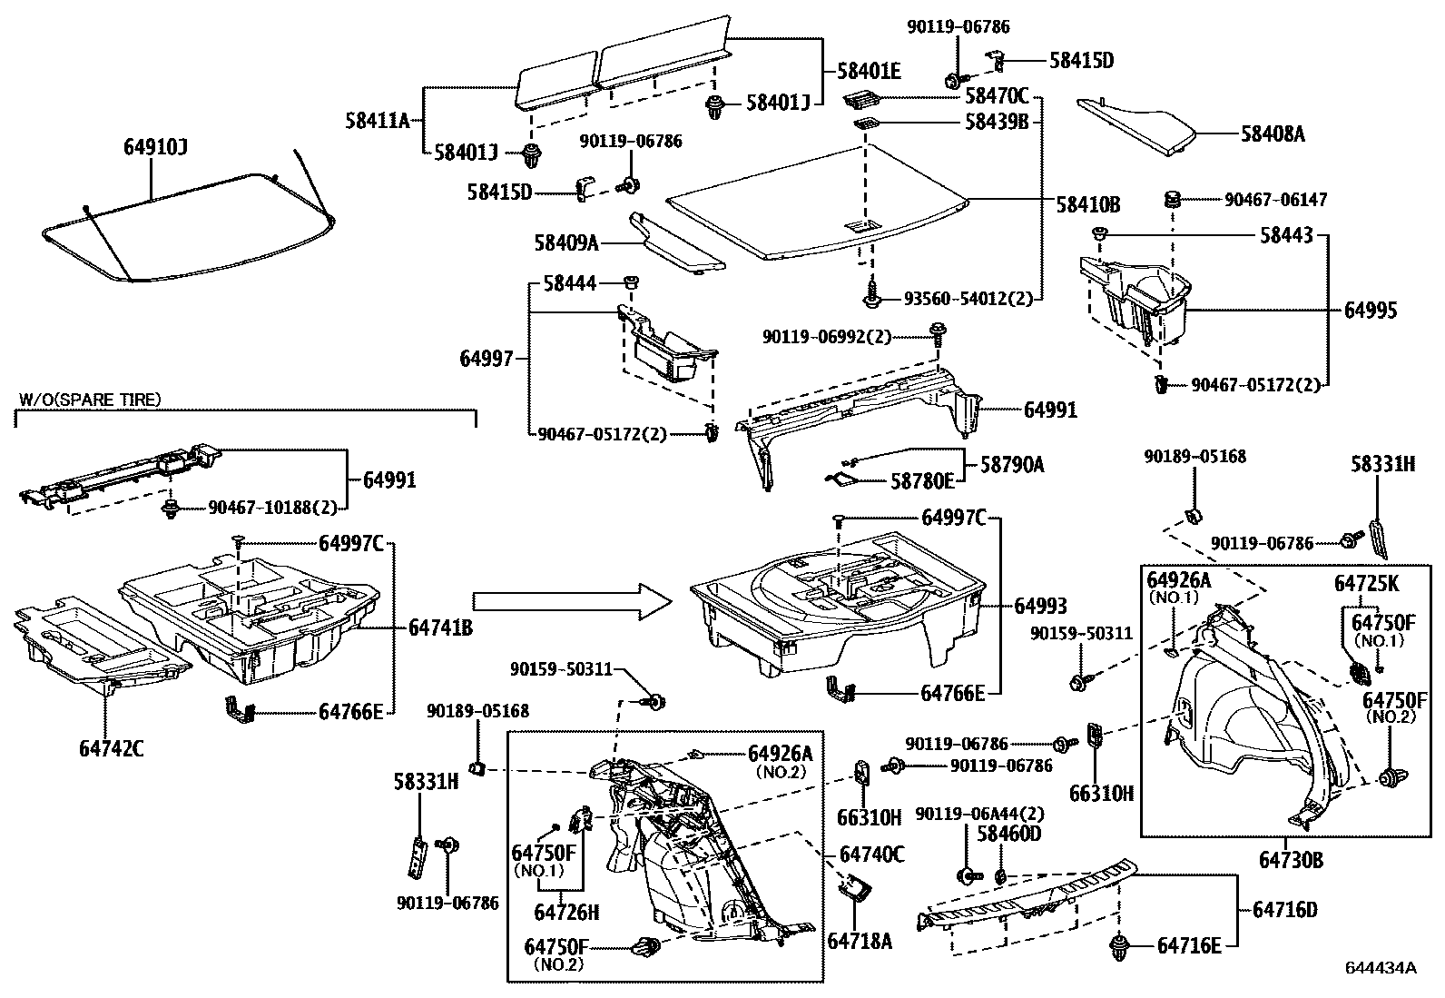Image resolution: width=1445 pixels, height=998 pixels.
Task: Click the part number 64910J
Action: pyautogui.click(x=156, y=147)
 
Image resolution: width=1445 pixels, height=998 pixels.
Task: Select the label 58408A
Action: pyautogui.click(x=1273, y=134)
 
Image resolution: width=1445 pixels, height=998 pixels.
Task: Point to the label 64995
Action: pyautogui.click(x=1371, y=311)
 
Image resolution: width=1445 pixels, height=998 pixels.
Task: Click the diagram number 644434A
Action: pyautogui.click(x=1381, y=967)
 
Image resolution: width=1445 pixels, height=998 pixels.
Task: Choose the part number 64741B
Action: pyautogui.click(x=440, y=627)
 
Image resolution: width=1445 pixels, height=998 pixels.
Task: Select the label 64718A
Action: pyautogui.click(x=860, y=941)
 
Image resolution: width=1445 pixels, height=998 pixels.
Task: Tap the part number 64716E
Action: pyautogui.click(x=1189, y=945)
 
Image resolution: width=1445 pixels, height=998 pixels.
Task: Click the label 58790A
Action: pyautogui.click(x=1012, y=465)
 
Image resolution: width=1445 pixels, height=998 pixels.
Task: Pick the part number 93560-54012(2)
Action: pyautogui.click(x=968, y=298)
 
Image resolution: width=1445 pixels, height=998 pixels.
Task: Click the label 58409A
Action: pyautogui.click(x=566, y=242)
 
